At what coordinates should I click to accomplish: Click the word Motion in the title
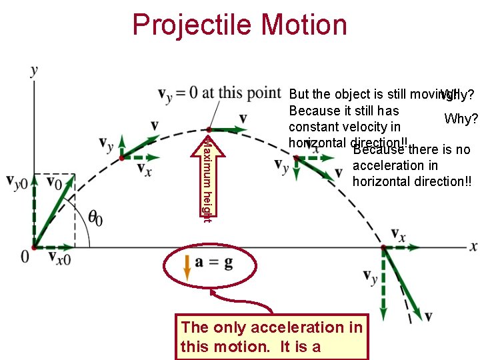tap(305, 25)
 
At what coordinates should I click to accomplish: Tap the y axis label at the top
tap(34, 71)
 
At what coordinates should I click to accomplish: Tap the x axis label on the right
tap(473, 246)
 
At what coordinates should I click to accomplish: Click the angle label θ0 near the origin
tap(96, 217)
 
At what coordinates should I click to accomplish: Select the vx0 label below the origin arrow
tap(60, 257)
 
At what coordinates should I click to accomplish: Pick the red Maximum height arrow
tap(208, 177)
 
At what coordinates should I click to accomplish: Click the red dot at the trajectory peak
tap(209, 129)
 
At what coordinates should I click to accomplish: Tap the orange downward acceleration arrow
tap(187, 265)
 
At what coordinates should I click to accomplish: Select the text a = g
tap(214, 263)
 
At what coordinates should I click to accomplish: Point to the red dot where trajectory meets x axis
tap(383, 247)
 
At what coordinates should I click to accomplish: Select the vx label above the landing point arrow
tap(397, 235)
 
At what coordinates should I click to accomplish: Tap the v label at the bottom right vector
tap(428, 316)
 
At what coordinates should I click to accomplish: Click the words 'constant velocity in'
tap(344, 127)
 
